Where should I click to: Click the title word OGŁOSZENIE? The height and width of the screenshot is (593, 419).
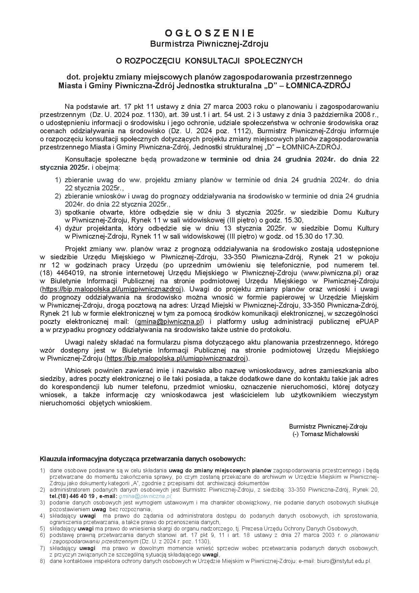209,33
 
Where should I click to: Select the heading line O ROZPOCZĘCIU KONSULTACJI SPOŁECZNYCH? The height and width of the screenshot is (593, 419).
209,61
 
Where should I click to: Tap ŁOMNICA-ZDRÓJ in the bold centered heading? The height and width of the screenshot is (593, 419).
318,86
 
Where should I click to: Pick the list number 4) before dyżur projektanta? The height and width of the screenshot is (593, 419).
58,229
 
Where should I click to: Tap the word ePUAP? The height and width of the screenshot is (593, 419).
367,322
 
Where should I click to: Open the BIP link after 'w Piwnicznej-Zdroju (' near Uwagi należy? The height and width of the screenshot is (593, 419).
176,359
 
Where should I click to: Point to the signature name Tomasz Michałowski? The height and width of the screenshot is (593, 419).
329,434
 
